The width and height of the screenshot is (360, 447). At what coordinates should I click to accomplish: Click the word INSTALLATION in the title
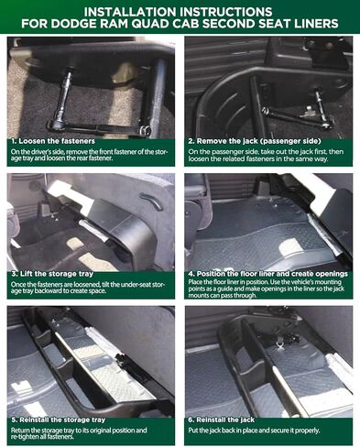click(128, 9)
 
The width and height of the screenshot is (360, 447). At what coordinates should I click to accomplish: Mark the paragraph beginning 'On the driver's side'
click(91, 156)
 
